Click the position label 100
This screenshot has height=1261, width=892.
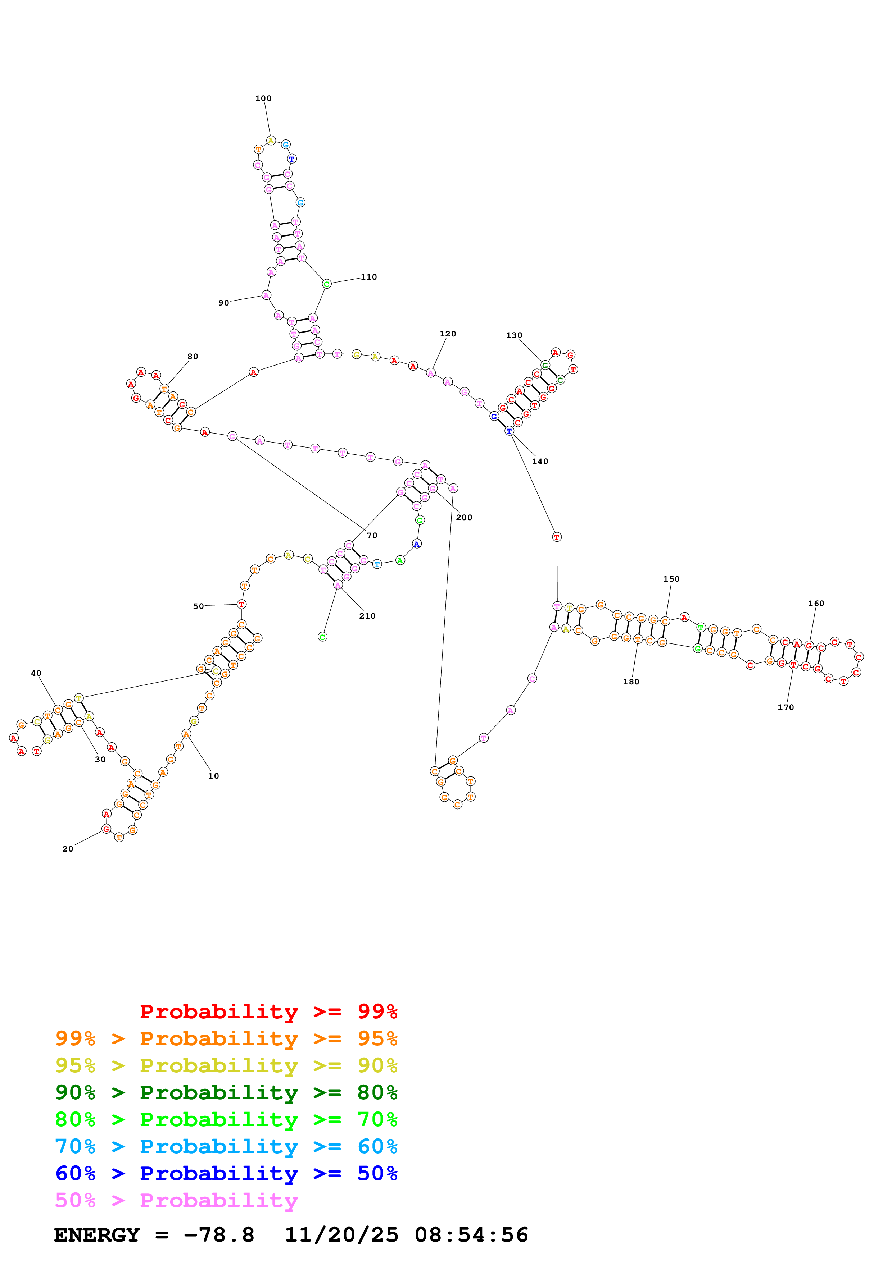(x=263, y=98)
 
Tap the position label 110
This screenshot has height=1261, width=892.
(x=369, y=277)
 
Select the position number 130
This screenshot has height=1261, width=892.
(x=514, y=335)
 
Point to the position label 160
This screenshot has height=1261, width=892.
(x=816, y=603)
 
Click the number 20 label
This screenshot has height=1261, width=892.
(x=68, y=849)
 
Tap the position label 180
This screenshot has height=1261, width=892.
(x=631, y=682)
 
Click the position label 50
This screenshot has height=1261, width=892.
(x=198, y=606)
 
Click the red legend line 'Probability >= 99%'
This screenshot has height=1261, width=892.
(x=268, y=1012)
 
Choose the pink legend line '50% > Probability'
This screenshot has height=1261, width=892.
(x=176, y=1200)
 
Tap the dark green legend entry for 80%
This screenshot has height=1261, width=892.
(x=226, y=1092)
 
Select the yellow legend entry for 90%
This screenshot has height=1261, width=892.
(x=226, y=1065)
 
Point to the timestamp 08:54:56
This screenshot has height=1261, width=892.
(x=471, y=1235)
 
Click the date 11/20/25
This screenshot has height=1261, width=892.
(x=341, y=1235)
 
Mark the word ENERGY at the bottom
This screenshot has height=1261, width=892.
(x=97, y=1235)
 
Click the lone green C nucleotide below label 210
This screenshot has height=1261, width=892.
(x=323, y=637)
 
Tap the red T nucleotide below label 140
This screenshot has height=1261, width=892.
(x=557, y=537)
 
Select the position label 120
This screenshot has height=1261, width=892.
(x=448, y=333)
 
